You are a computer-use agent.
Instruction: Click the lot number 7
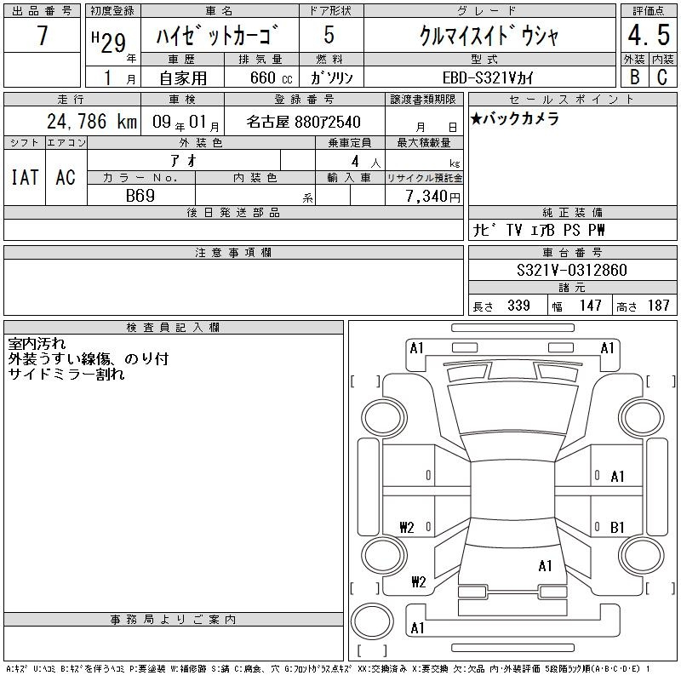(x=42, y=35)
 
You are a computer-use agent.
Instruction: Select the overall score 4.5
(x=649, y=35)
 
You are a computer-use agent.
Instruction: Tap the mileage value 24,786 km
(x=92, y=122)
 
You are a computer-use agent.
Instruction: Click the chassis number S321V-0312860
(x=572, y=270)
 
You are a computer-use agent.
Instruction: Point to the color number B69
(x=140, y=196)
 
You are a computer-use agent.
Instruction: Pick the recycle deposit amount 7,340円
(x=432, y=197)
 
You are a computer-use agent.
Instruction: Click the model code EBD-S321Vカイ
(x=487, y=77)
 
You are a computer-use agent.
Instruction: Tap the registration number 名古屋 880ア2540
(x=303, y=122)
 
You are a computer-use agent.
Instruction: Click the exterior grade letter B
(x=634, y=77)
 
